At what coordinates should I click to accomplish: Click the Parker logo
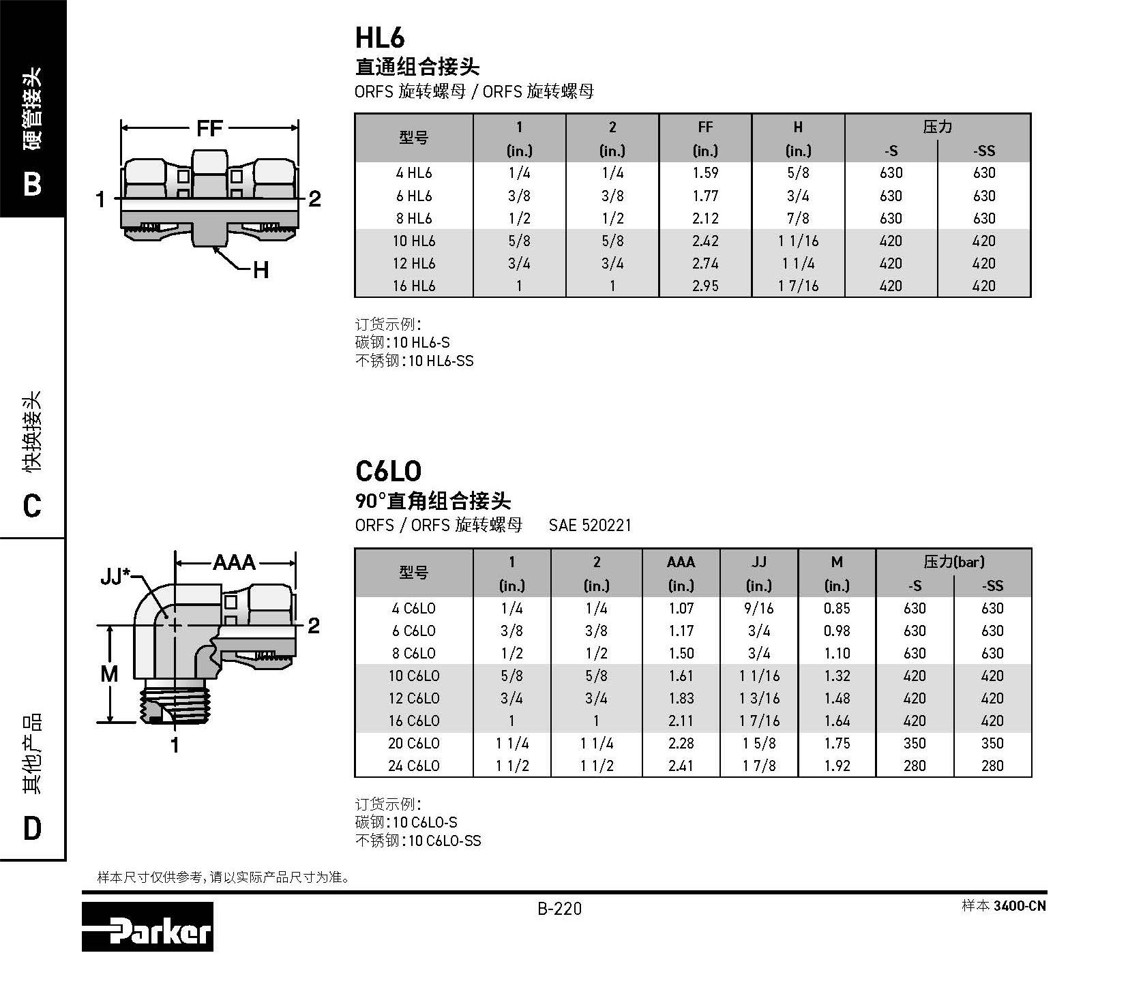point(147,926)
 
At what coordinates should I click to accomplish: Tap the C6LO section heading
point(389,471)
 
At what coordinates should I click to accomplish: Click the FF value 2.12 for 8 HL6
point(705,218)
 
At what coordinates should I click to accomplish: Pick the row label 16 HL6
point(414,286)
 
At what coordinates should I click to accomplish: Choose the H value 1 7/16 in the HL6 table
point(798,286)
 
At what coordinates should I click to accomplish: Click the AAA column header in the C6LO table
point(681,562)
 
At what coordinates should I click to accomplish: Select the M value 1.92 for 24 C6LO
point(837,766)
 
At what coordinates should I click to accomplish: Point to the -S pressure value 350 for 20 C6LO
point(915,743)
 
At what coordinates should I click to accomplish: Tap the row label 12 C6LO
point(414,698)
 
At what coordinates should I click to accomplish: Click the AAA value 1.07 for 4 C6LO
point(681,608)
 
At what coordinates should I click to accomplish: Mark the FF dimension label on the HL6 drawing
point(209,127)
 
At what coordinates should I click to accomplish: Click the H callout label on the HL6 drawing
point(261,271)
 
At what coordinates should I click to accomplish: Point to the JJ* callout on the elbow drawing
point(115,577)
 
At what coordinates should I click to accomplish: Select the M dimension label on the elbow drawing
point(109,674)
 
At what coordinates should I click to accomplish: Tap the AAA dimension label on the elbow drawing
point(234,562)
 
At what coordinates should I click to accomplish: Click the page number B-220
point(559,909)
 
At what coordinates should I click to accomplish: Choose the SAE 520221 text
point(590,526)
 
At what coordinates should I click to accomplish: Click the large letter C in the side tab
point(32,506)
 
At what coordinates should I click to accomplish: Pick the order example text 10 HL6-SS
point(441,361)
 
